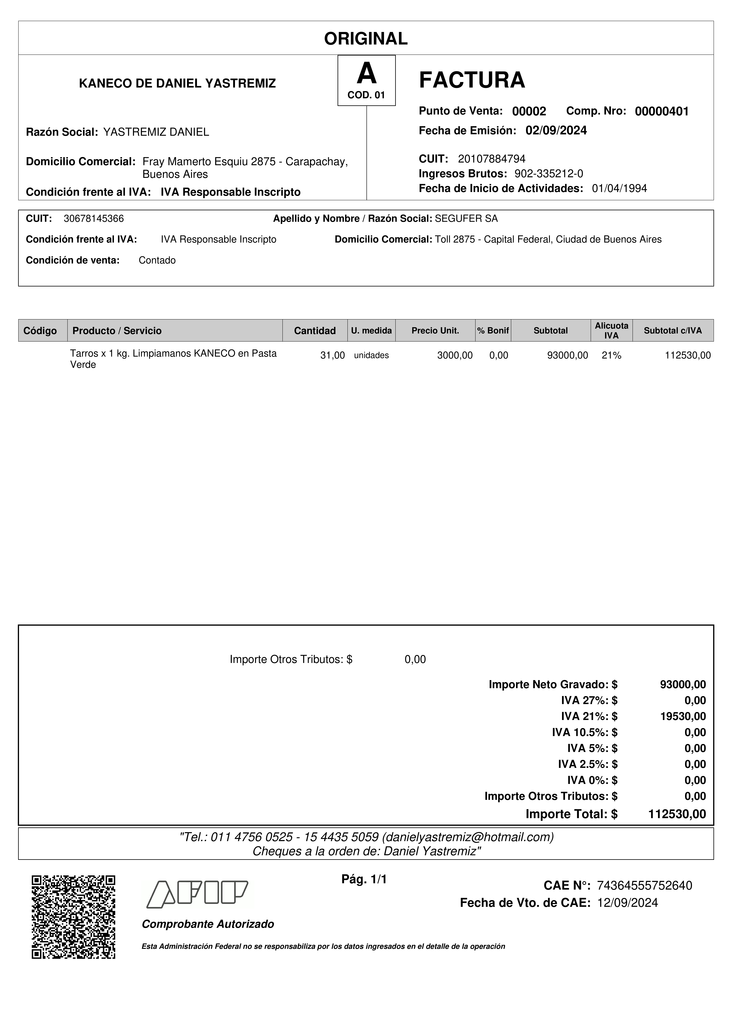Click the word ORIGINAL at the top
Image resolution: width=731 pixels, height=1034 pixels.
(366, 39)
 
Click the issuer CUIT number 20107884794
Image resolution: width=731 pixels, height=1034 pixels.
(491, 159)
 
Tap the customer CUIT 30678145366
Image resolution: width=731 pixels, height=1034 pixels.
(94, 219)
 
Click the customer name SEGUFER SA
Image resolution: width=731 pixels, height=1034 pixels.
(466, 219)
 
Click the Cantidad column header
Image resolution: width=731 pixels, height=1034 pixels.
(315, 331)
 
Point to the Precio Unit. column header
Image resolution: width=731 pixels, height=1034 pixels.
(435, 331)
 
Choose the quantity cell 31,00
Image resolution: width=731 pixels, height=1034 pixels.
(332, 355)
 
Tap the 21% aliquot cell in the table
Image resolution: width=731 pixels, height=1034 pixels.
(611, 355)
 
